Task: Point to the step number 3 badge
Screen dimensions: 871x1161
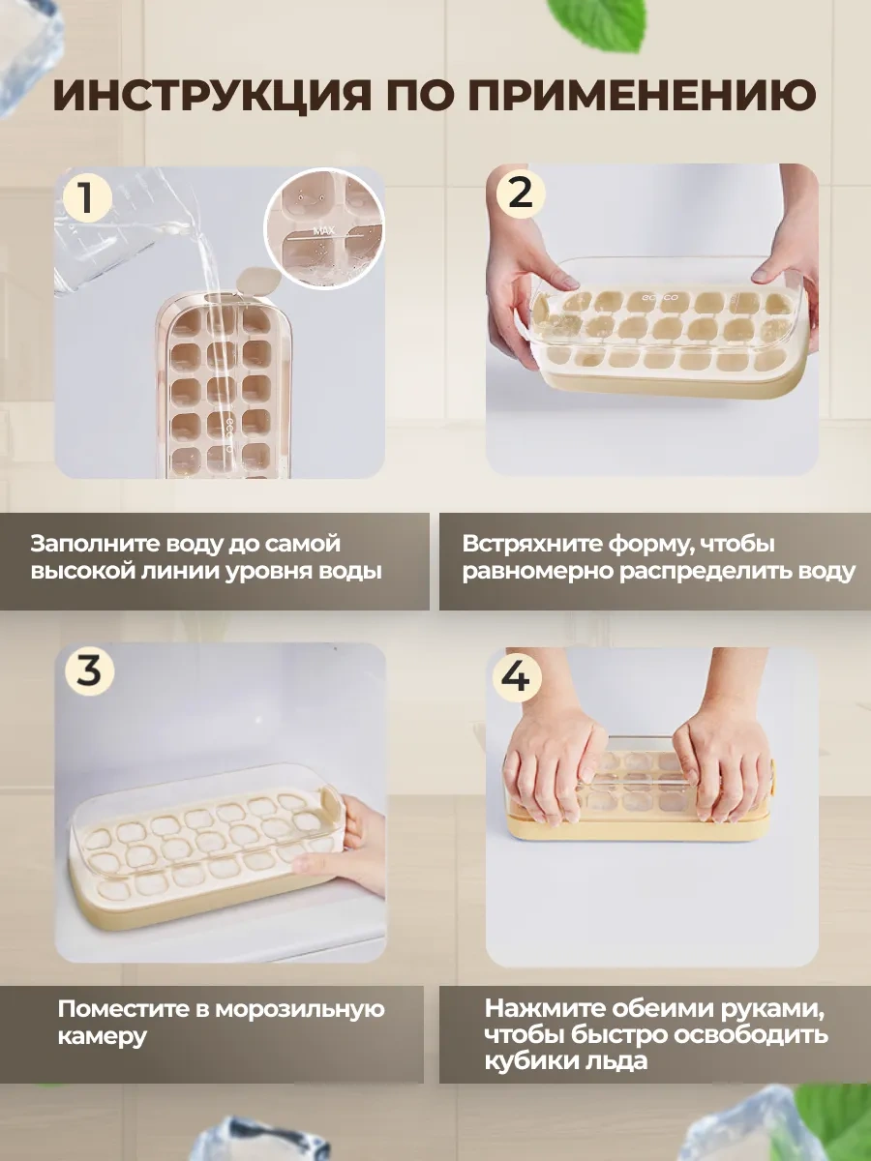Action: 89,670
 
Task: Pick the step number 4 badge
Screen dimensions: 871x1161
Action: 517,675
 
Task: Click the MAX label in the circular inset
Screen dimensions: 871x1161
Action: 324,231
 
